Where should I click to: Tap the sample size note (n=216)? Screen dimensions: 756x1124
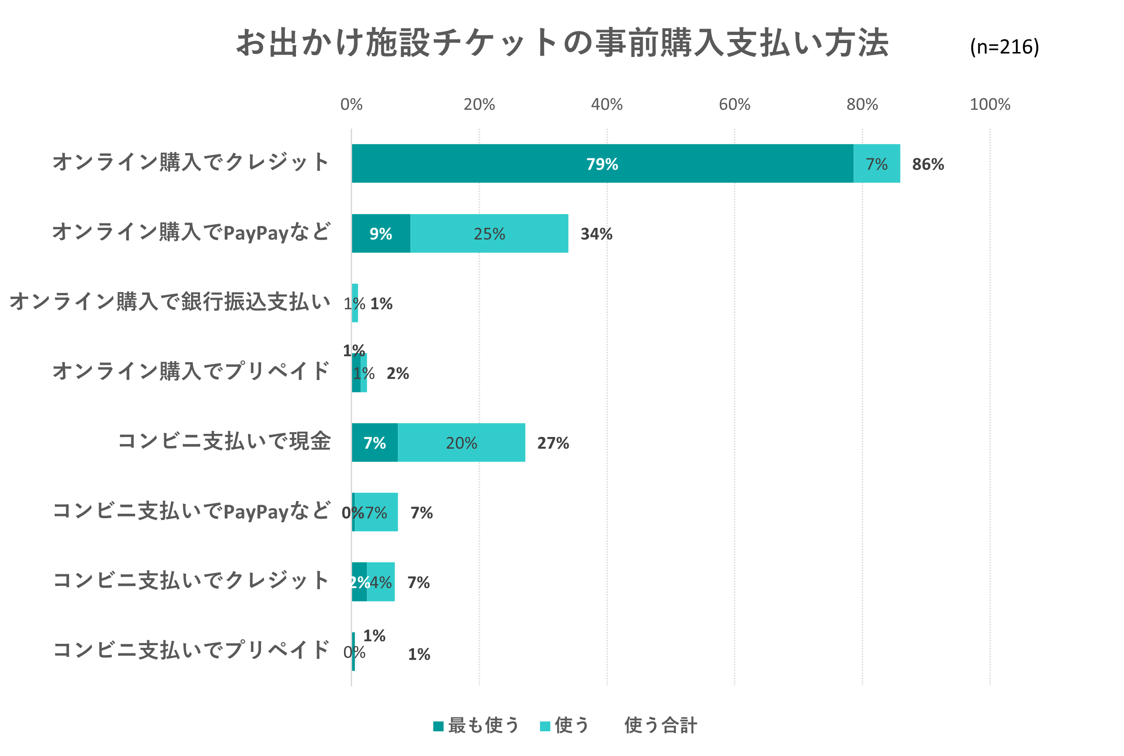[x=1004, y=47]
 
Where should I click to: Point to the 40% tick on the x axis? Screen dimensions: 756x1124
[x=606, y=105]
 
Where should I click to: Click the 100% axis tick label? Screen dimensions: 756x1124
[x=989, y=105]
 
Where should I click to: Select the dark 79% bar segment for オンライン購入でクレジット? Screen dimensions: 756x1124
[x=602, y=163]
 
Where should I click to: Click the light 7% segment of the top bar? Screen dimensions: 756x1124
[x=876, y=163]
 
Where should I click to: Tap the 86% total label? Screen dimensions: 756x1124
[x=928, y=164]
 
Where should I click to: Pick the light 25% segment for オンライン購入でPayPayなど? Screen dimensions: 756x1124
[x=489, y=233]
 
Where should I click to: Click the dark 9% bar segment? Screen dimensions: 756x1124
[x=381, y=233]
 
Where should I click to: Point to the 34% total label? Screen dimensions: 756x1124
[x=596, y=234]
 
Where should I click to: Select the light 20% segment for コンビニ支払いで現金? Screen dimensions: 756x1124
[x=461, y=442]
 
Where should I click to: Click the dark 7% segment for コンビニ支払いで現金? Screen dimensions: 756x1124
[x=375, y=442]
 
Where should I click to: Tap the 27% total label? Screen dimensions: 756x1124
[x=553, y=443]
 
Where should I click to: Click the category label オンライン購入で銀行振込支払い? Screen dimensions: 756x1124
[x=170, y=302]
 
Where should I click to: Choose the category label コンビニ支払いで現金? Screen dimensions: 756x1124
[x=224, y=441]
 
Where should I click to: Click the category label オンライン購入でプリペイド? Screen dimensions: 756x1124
[x=191, y=371]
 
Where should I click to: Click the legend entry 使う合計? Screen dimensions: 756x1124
[x=660, y=725]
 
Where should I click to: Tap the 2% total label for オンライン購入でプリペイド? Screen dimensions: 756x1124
[x=398, y=373]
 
